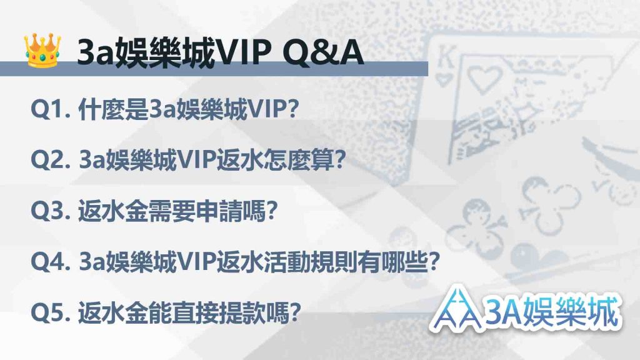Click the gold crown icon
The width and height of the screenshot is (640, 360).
click(42, 50)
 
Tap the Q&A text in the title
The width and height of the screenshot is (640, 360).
click(322, 52)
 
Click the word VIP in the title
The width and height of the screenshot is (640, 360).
click(243, 52)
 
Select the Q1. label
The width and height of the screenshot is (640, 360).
click(51, 109)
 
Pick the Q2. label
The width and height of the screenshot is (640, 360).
click(51, 160)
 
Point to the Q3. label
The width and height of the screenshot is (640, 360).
click(51, 211)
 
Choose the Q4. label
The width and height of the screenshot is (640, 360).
click(51, 262)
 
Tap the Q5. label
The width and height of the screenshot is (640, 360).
click(51, 313)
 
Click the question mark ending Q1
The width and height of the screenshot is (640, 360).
click(292, 109)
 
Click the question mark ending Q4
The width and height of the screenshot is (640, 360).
click(433, 262)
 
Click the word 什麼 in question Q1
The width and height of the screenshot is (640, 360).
click(101, 109)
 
